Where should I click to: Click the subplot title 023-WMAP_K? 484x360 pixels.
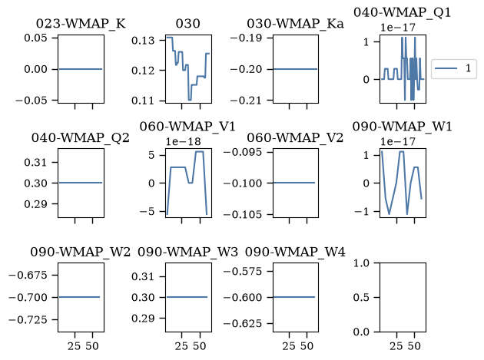[81, 24]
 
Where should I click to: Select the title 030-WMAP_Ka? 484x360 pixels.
[295, 24]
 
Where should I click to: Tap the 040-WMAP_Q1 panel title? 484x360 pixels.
[403, 12]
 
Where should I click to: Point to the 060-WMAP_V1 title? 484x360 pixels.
[187, 127]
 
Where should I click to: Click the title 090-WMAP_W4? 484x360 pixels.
[295, 252]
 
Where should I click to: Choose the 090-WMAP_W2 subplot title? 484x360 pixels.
[80, 252]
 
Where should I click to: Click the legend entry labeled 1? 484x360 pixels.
[468, 68]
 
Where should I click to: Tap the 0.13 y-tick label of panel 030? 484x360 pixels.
[143, 41]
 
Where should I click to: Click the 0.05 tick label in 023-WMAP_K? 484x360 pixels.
[35, 38]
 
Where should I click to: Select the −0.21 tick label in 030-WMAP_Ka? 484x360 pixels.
[246, 101]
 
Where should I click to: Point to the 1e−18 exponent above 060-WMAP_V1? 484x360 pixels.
[183, 141]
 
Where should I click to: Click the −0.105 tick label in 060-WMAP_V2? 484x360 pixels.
[243, 214]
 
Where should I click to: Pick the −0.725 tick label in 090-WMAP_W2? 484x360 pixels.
[28, 320]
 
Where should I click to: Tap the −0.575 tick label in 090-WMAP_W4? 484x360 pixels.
[243, 272]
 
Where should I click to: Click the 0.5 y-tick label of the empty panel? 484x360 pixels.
[361, 297]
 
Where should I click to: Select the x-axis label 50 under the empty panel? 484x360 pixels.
[414, 346]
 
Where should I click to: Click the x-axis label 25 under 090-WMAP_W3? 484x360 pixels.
[181, 346]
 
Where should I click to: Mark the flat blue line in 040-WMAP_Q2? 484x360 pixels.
[81, 183]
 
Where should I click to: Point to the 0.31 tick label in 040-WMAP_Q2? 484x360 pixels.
[35, 162]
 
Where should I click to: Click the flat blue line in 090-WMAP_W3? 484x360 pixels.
[187, 297]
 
